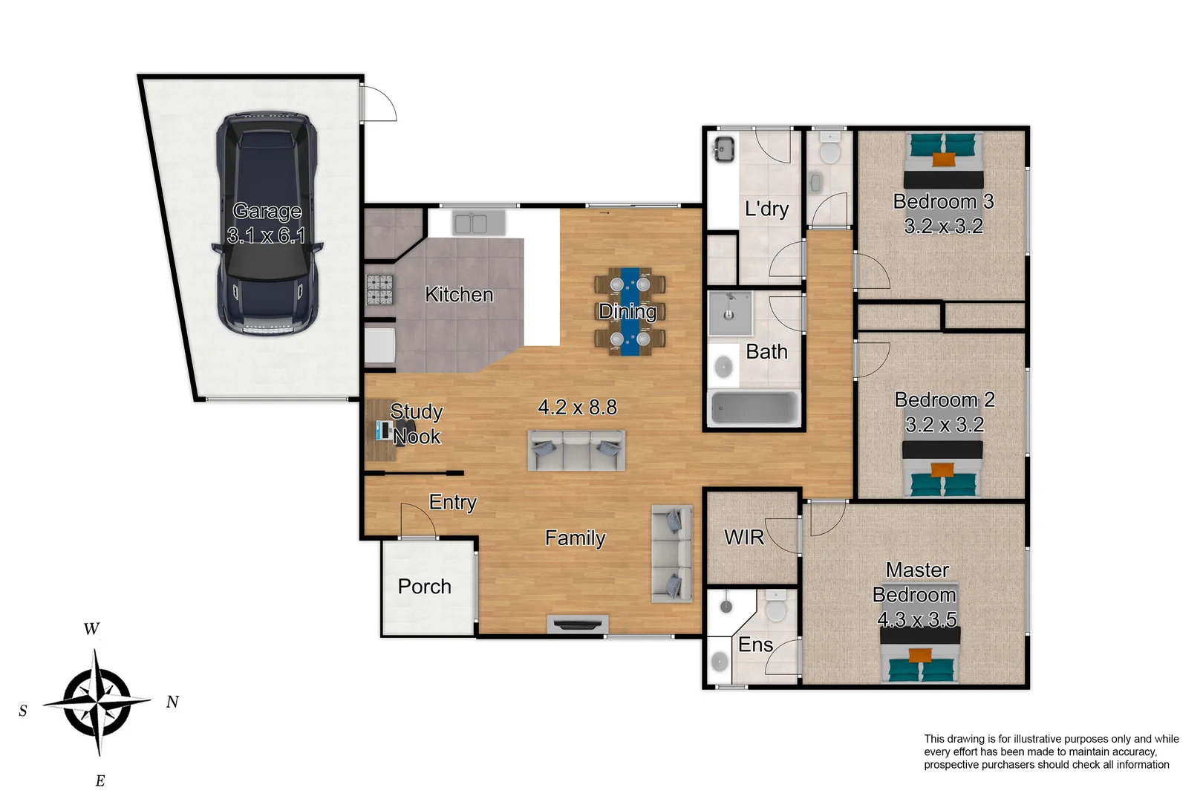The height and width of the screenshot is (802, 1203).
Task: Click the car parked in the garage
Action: pyautogui.click(x=267, y=224)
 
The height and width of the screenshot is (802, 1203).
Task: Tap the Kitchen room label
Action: pyautogui.click(x=459, y=294)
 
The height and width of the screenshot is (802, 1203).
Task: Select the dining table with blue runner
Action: pyautogui.click(x=630, y=312)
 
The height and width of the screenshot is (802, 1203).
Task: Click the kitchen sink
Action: pyautogui.click(x=471, y=223)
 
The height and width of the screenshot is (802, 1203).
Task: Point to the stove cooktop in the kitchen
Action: pyautogui.click(x=379, y=290)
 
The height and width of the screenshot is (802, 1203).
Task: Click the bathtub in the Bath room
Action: pyautogui.click(x=754, y=408)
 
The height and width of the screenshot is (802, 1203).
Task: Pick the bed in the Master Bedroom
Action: pyautogui.click(x=921, y=656)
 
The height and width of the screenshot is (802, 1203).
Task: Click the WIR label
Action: pyautogui.click(x=744, y=537)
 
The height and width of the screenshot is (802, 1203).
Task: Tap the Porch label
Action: pyautogui.click(x=424, y=587)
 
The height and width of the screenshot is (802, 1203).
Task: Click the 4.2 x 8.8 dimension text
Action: pyautogui.click(x=577, y=407)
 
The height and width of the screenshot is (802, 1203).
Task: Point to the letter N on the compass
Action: pyautogui.click(x=172, y=702)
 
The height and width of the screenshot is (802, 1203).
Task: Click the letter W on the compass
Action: pyautogui.click(x=91, y=628)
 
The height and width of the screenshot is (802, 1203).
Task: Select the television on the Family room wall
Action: pyautogui.click(x=577, y=625)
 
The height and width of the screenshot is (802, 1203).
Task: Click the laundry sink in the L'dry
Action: pyautogui.click(x=724, y=149)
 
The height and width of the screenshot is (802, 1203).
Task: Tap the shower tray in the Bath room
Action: pyautogui.click(x=729, y=314)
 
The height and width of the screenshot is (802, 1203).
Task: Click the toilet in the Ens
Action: pyautogui.click(x=775, y=606)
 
